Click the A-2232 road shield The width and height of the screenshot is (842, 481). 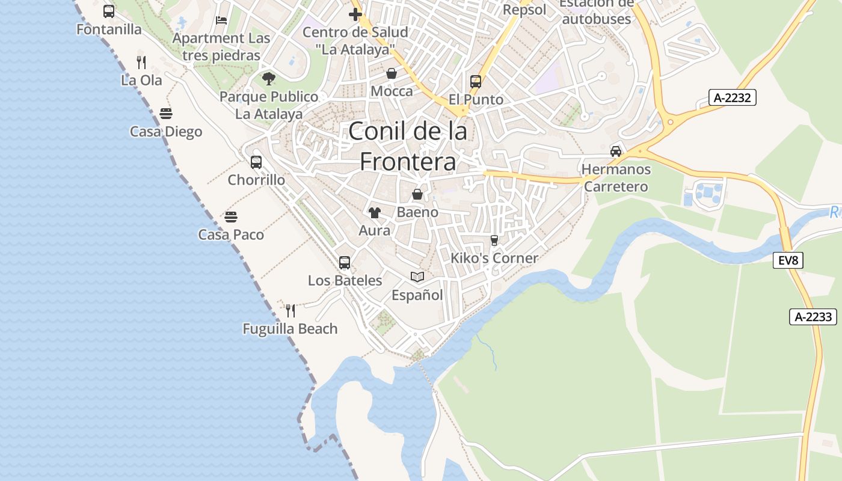[x=732, y=97]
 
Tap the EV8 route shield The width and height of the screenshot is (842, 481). [x=788, y=260]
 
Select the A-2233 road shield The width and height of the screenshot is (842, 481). [x=813, y=317]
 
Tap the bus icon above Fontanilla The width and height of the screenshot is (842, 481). [x=109, y=11]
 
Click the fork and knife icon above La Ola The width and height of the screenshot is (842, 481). [x=141, y=62]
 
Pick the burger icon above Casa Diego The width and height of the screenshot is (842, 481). [x=166, y=114]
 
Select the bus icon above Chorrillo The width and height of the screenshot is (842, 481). [x=256, y=162]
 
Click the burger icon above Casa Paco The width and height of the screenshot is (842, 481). [x=231, y=216]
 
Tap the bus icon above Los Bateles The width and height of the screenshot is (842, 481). [x=345, y=262]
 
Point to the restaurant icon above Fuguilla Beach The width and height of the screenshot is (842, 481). [x=290, y=310]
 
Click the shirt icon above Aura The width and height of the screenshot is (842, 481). [x=375, y=212]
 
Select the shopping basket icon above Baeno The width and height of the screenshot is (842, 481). [x=417, y=194]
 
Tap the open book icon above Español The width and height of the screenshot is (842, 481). [x=417, y=277]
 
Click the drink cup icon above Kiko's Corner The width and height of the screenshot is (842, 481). [x=494, y=240]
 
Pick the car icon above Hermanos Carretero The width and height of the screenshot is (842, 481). [x=616, y=151]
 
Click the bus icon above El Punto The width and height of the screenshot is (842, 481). [x=476, y=81]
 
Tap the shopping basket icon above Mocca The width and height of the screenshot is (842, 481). [x=392, y=73]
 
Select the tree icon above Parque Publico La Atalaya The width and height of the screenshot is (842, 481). [x=269, y=78]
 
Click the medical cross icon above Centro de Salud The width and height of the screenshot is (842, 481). [x=355, y=14]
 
